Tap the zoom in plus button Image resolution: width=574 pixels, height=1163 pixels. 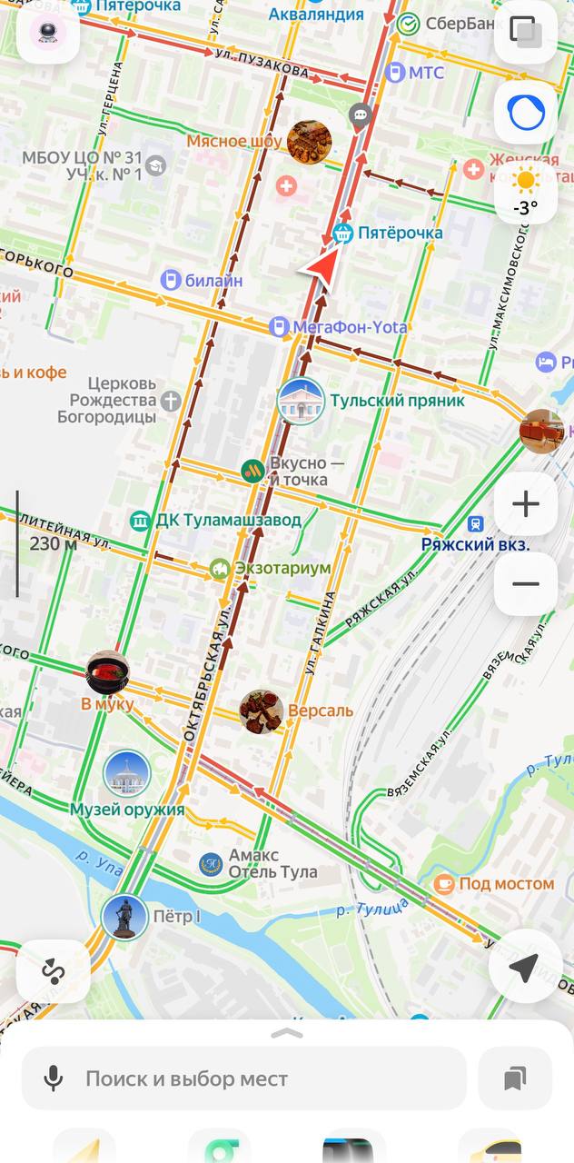click(x=526, y=504)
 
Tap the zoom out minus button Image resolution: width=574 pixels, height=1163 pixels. click(x=526, y=583)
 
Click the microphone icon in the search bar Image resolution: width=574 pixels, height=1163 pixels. click(x=54, y=1079)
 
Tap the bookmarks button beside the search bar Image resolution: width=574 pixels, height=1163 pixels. click(x=515, y=1079)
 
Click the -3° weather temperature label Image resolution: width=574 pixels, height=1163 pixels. click(x=525, y=207)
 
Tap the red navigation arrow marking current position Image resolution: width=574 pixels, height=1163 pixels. click(x=318, y=269)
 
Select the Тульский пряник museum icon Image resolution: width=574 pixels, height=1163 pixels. click(x=301, y=401)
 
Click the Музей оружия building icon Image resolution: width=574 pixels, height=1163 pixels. click(x=126, y=774)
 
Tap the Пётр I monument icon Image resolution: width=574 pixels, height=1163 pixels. click(x=124, y=916)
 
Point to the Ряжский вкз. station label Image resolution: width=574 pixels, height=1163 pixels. click(x=475, y=544)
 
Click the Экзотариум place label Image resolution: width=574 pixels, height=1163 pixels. click(x=282, y=569)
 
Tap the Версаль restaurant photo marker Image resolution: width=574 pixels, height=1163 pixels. click(x=262, y=711)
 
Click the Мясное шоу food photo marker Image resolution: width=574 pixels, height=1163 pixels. click(x=309, y=142)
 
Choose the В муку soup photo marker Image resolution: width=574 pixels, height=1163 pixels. click(x=107, y=673)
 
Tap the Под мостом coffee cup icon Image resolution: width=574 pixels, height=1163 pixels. click(x=444, y=883)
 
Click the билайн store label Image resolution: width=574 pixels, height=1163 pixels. click(x=213, y=281)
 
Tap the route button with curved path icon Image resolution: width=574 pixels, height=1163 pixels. click(x=53, y=971)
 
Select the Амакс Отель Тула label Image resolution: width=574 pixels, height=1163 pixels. click(x=272, y=864)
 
